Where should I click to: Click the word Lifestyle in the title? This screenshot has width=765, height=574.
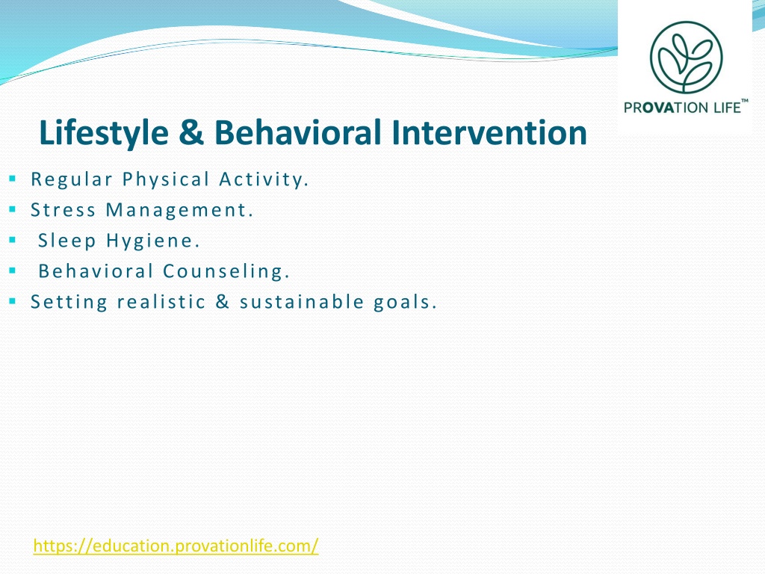point(104,133)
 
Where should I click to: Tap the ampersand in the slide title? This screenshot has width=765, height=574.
point(191,133)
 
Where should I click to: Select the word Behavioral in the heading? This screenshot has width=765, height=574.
point(297,132)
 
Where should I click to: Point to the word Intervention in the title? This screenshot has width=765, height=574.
point(489,132)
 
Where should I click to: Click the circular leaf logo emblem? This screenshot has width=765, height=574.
point(686,57)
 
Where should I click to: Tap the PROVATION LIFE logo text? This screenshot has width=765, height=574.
point(686,107)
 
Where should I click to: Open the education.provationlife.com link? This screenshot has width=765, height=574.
point(176,546)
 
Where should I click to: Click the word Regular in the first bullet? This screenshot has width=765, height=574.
point(72,179)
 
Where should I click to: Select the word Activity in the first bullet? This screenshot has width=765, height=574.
point(264,179)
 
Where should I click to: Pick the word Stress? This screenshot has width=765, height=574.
point(64,210)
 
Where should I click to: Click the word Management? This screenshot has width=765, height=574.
point(179,210)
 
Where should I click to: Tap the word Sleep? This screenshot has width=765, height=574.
point(67,241)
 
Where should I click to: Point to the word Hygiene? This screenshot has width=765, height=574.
point(153,241)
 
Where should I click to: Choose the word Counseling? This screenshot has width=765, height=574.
point(226,271)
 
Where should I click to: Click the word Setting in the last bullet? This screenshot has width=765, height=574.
point(69,302)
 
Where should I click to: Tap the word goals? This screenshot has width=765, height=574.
point(405,302)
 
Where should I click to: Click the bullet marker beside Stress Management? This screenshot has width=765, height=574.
point(13,209)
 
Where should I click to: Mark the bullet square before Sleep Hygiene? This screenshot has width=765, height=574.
point(13,240)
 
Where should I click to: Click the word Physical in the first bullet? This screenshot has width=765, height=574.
point(166,179)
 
